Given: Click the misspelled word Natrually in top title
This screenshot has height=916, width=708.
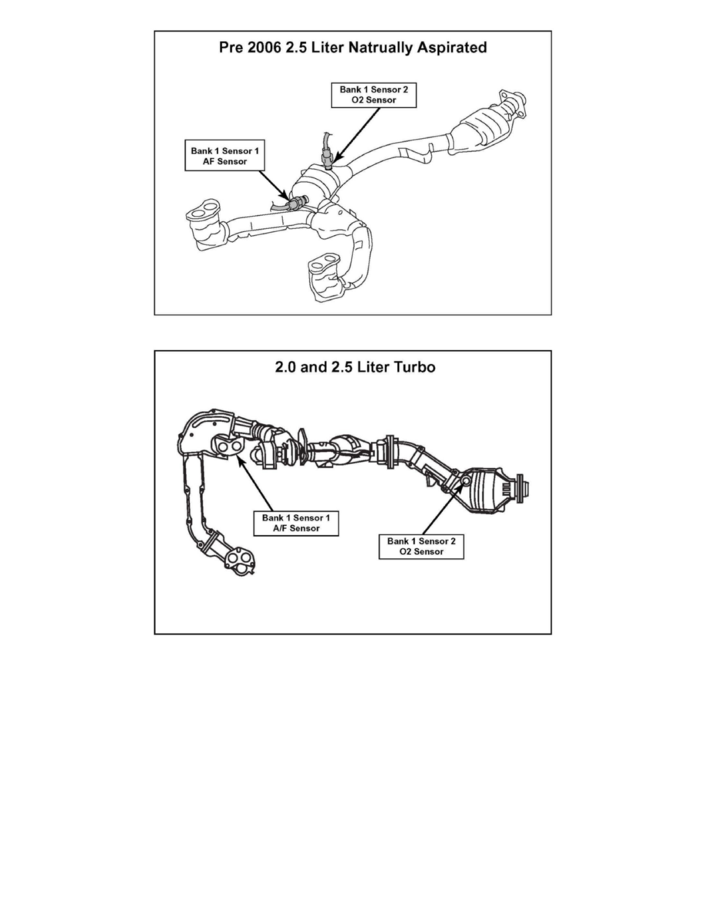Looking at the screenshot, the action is (x=380, y=48).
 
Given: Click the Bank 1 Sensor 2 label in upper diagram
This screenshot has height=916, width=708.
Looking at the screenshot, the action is (x=374, y=95).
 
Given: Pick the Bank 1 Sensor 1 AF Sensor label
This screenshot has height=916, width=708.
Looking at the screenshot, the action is (x=225, y=156).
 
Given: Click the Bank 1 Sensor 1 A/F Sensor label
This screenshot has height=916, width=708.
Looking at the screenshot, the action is (x=296, y=523).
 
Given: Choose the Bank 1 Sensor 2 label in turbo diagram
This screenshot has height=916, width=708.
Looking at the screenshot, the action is (x=421, y=546).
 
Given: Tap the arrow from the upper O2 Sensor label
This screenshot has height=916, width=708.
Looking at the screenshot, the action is (x=358, y=134).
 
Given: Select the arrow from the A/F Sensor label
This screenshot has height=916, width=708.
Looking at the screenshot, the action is (x=255, y=482).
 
